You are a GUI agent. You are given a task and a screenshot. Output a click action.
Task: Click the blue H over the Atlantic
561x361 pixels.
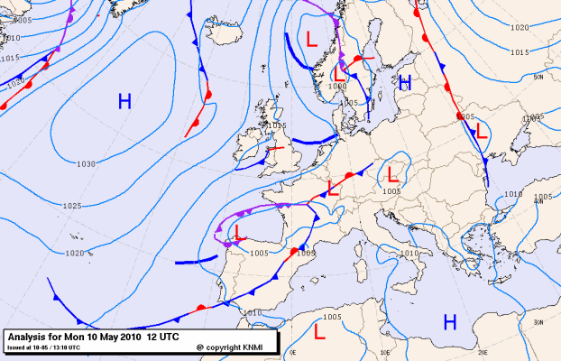pyautogui.click(x=124, y=101)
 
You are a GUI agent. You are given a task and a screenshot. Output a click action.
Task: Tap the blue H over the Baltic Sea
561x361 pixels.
pyautogui.click(x=406, y=83)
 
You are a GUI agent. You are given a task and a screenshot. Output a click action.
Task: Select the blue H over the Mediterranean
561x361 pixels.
pyautogui.click(x=449, y=321)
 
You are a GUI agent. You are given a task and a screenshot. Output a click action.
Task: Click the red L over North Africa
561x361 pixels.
pyautogui.click(x=318, y=331)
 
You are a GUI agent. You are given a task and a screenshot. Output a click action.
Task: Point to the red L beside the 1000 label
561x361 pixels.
pyautogui.click(x=340, y=72)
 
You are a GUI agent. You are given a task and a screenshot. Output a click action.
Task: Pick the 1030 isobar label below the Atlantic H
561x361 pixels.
pyautogui.click(x=87, y=163)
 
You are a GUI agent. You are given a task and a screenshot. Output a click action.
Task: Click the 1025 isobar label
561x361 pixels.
pyautogui.click(x=72, y=206)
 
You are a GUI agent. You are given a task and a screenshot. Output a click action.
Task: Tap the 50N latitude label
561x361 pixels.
pyautogui.click(x=538, y=78)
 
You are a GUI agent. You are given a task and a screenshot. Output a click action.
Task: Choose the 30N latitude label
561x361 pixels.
pyautogui.click(x=538, y=322)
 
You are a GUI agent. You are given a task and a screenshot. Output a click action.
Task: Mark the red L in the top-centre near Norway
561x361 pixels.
pyautogui.click(x=312, y=39)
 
